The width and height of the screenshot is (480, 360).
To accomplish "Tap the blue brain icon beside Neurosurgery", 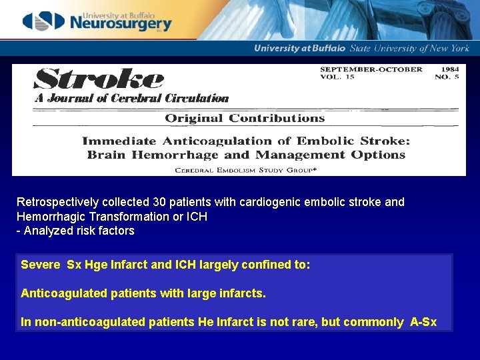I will pyautogui.click(x=43, y=21).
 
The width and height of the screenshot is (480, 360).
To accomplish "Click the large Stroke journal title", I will pyautogui.click(x=99, y=79).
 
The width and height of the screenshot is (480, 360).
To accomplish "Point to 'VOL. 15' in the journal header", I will pyautogui.click(x=337, y=77).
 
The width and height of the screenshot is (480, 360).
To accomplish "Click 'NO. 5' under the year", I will pyautogui.click(x=447, y=77).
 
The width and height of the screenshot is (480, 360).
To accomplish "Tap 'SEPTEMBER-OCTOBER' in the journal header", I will pyautogui.click(x=371, y=69).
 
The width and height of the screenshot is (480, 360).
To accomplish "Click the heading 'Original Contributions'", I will pyautogui.click(x=245, y=119).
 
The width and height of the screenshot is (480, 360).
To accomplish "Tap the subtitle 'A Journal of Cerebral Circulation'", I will pyautogui.click(x=131, y=99).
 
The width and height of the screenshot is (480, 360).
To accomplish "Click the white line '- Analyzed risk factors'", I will pyautogui.click(x=75, y=231).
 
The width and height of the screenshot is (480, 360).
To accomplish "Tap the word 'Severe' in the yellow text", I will pyautogui.click(x=41, y=265).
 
